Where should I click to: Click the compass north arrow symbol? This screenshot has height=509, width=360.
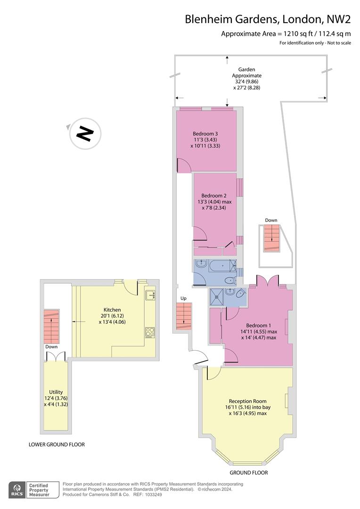point(85,133)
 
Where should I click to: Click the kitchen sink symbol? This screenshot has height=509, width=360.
point(150,296)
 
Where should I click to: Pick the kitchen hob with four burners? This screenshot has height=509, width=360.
point(150,332)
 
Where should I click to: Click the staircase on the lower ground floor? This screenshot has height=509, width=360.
point(51,326)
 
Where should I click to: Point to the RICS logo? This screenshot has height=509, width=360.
point(17,490)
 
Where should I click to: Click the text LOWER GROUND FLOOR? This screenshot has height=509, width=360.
point(57,444)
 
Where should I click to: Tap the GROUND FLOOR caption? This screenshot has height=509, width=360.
point(248,472)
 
